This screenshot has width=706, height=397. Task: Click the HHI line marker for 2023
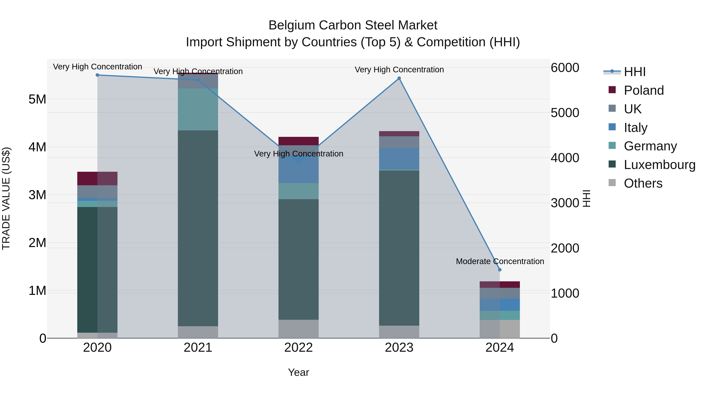(399, 78)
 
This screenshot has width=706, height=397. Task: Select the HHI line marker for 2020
(97, 75)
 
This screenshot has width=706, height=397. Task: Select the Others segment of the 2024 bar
(500, 329)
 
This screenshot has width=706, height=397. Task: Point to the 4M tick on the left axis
(37, 147)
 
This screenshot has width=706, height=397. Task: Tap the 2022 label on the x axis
(298, 348)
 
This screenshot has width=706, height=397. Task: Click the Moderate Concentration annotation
(500, 261)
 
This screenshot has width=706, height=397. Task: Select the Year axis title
(298, 372)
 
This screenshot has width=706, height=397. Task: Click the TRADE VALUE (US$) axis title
(6, 198)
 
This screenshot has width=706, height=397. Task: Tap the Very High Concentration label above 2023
(399, 70)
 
